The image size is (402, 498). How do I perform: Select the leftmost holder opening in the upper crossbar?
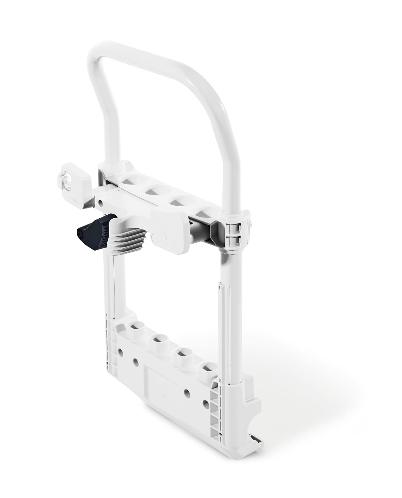(131, 180)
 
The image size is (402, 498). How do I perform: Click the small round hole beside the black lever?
(100, 203)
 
